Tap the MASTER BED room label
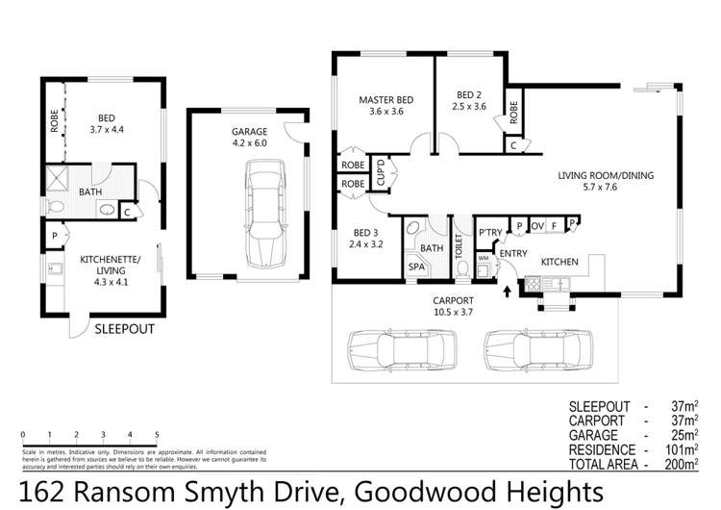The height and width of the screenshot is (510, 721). [385, 100]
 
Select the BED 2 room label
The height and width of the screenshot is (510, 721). [468, 95]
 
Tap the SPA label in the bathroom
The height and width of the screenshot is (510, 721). [417, 267]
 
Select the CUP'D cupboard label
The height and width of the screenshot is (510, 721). [381, 173]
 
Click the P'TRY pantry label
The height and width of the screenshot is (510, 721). [490, 234]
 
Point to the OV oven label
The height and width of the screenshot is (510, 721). [537, 227]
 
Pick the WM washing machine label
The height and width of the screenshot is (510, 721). [484, 258]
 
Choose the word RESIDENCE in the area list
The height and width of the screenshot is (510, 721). [603, 449]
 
